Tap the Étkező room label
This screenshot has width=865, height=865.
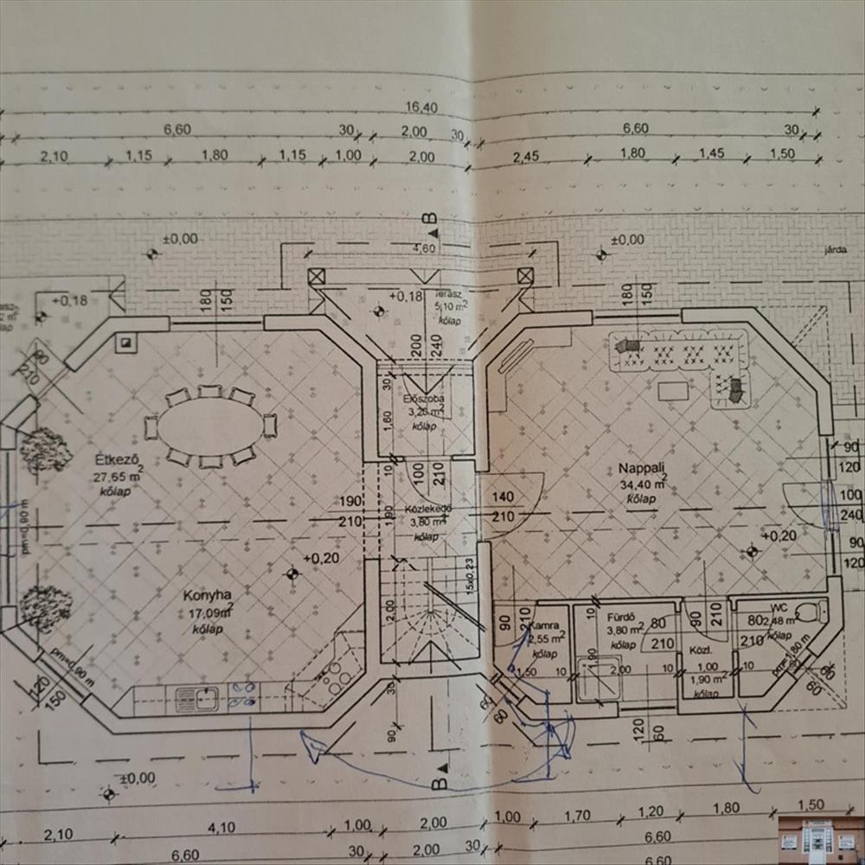(x=112, y=458)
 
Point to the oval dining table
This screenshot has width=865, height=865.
(x=210, y=426)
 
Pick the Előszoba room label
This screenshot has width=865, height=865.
(x=424, y=400)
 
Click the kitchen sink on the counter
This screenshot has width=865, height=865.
(x=196, y=698)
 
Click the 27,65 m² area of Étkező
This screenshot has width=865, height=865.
(x=117, y=476)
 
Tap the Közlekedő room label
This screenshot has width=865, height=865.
(x=424, y=509)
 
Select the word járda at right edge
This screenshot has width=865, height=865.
(x=835, y=252)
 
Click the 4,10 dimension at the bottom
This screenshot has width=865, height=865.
(x=222, y=827)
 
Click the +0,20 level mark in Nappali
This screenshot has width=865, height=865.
(x=779, y=536)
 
